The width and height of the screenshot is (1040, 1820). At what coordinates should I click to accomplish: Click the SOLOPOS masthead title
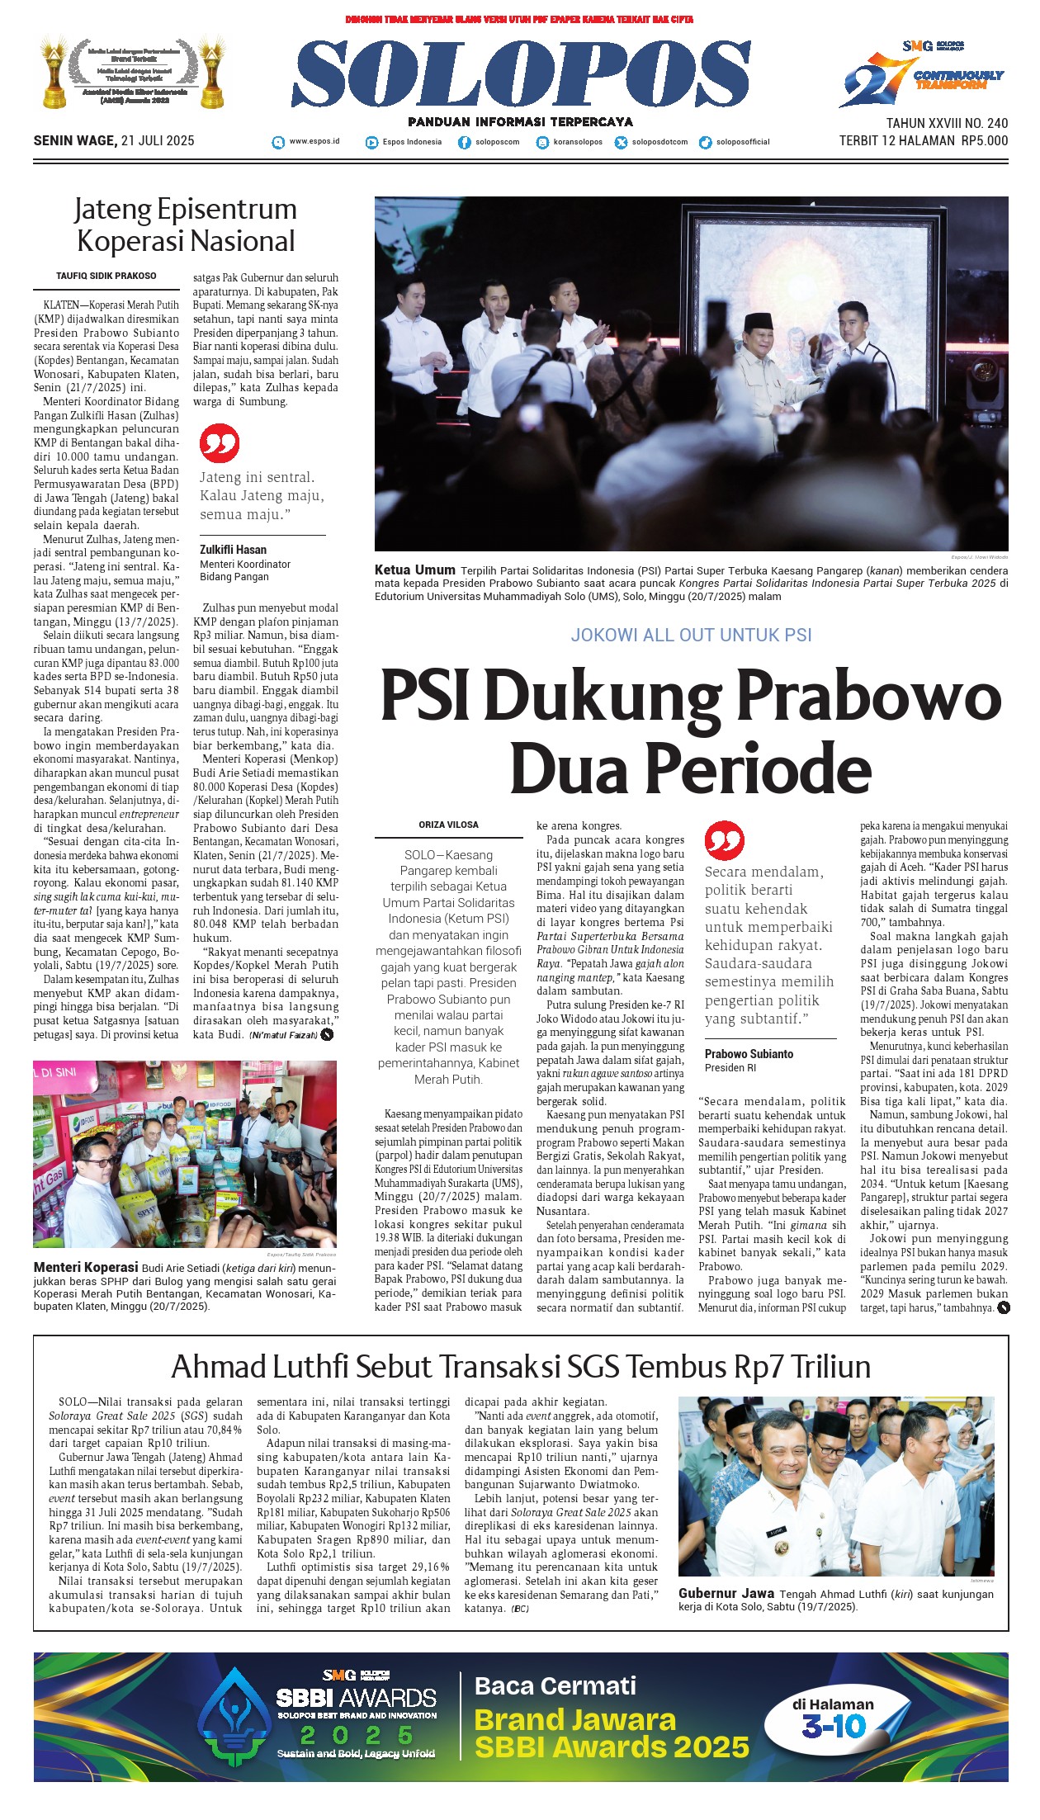coord(521,76)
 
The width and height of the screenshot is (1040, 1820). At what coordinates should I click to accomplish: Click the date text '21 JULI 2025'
coord(157,140)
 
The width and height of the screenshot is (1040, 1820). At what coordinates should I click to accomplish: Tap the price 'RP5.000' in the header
coord(984,140)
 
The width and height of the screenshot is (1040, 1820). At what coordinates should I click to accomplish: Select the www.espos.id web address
coord(314,141)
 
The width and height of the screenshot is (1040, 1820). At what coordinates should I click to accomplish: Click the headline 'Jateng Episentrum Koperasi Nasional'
coord(186,225)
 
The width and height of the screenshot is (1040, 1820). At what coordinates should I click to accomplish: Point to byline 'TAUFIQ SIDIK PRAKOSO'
coord(106,277)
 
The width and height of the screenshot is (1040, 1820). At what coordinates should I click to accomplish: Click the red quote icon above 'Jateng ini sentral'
coord(220,444)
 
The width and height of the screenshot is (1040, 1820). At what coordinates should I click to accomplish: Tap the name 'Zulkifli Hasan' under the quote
coord(233,550)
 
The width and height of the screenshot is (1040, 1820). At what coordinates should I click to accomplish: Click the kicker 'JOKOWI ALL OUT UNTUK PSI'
coord(691,635)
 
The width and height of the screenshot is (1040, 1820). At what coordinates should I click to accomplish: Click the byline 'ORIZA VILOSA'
coord(448,825)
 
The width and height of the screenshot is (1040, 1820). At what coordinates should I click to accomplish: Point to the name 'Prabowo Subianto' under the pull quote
coord(749,1054)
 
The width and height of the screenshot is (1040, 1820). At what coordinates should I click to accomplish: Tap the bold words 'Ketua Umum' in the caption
coord(414,570)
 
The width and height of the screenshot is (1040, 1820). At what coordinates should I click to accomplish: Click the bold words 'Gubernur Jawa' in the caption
coord(726,1594)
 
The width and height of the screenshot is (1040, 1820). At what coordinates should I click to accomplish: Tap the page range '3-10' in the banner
coord(834,1726)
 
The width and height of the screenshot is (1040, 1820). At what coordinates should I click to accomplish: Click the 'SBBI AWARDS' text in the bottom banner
coord(356,1698)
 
